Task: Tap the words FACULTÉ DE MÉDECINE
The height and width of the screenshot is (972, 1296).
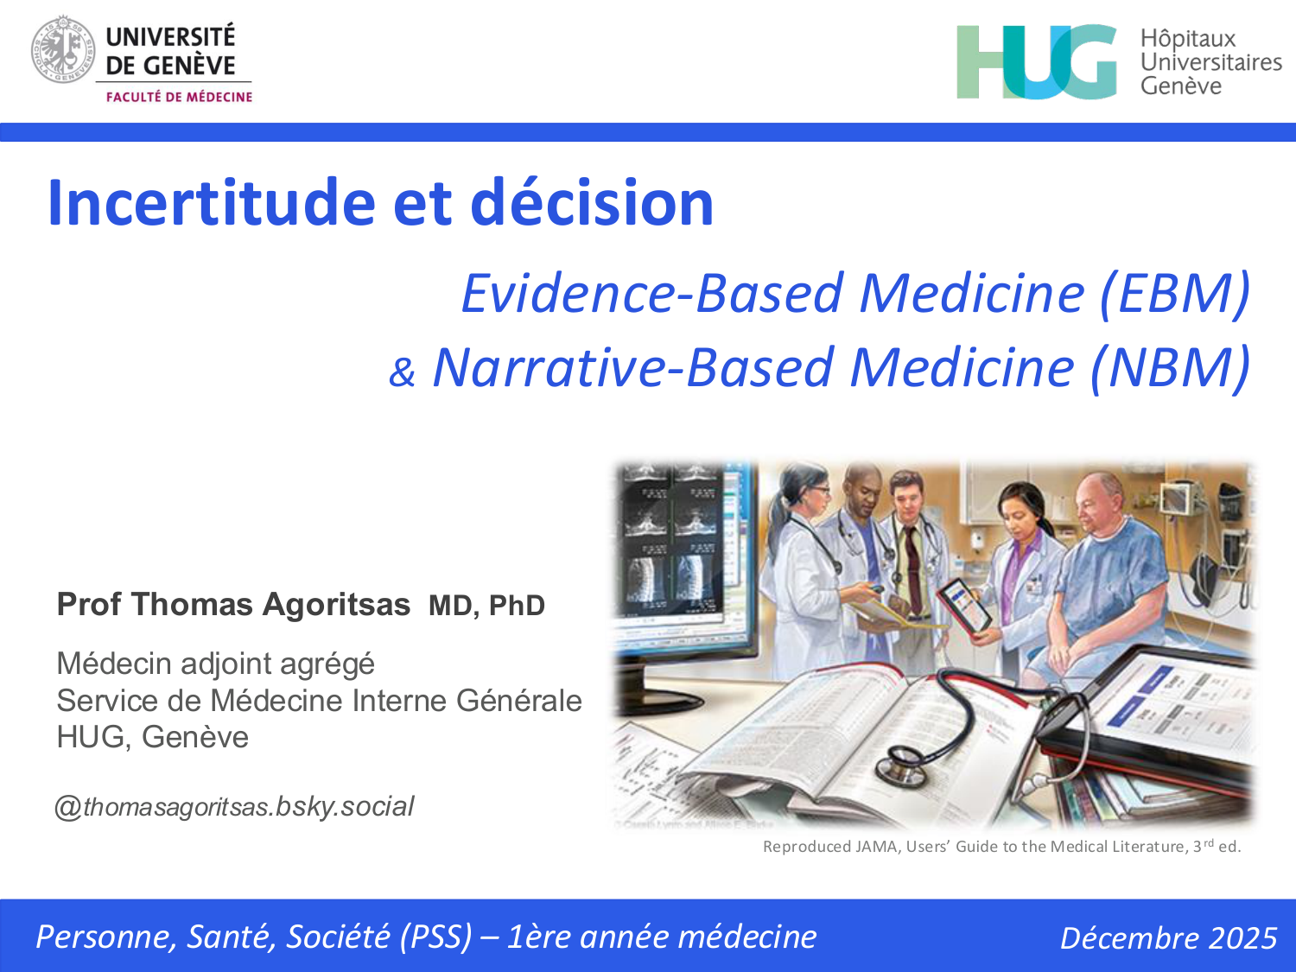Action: click(x=179, y=97)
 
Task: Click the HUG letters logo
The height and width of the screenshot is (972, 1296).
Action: click(x=1037, y=61)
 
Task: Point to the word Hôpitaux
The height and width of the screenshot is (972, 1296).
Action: click(x=1187, y=39)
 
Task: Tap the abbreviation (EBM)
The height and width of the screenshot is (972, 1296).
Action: click(x=1174, y=293)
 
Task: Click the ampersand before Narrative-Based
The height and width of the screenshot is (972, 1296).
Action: click(x=402, y=372)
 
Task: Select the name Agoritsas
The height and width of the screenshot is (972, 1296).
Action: click(x=336, y=605)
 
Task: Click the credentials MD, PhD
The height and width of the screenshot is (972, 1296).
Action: click(x=486, y=606)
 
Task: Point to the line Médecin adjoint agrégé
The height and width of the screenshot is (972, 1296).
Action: click(x=215, y=664)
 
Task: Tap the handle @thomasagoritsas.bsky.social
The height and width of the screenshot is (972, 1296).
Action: click(x=234, y=806)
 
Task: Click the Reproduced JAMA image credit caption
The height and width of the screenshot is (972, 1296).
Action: click(x=1001, y=847)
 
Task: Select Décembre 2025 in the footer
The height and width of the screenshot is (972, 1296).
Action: click(x=1168, y=937)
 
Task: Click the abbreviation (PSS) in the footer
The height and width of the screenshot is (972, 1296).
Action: click(x=435, y=937)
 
